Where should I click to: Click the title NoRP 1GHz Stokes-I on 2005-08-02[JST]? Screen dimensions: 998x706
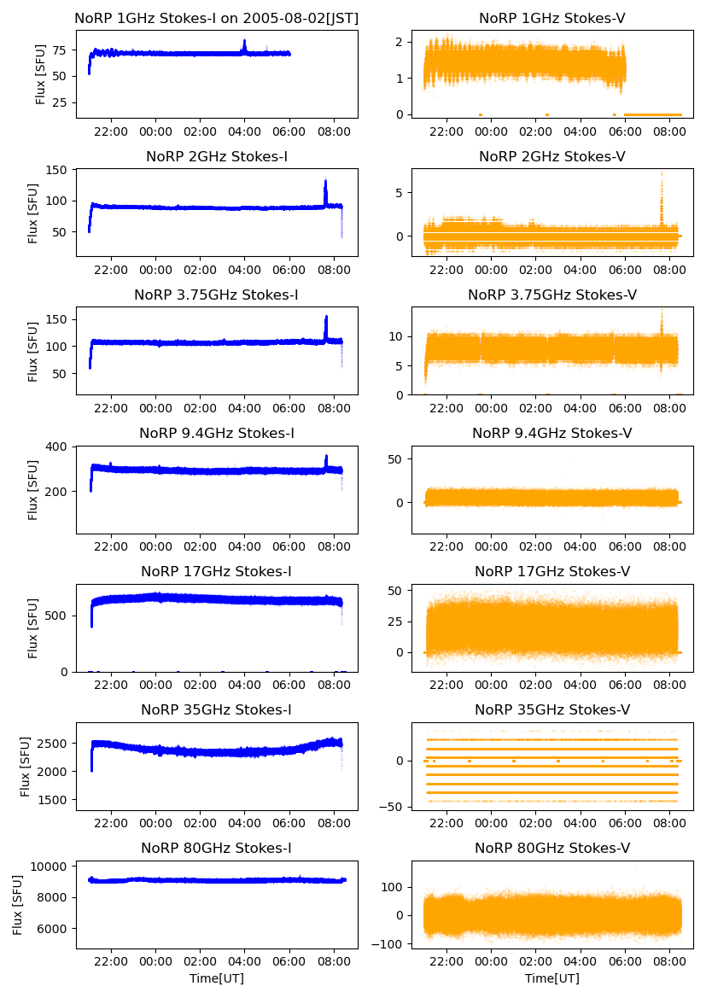coord(217,18)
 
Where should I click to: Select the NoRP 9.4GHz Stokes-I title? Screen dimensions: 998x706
coord(217,433)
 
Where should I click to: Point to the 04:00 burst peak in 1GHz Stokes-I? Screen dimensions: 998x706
coord(244,40)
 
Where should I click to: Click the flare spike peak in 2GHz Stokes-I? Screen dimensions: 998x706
coord(325,180)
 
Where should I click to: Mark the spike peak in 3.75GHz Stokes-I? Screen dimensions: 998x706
coord(326,317)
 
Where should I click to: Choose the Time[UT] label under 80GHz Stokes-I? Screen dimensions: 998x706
coord(217,978)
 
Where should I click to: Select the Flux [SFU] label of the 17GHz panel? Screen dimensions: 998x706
coord(33,628)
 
